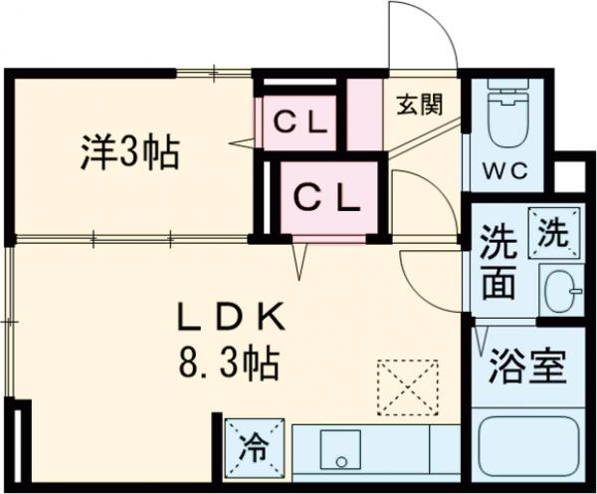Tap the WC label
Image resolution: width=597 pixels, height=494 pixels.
pos(505,168)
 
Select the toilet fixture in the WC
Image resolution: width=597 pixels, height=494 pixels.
pos(506,114)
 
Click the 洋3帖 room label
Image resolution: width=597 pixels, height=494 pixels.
pos(129,153)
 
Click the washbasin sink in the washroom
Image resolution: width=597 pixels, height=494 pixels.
pos(559,289)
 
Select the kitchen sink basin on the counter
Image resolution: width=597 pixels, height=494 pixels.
pos(340,454)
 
